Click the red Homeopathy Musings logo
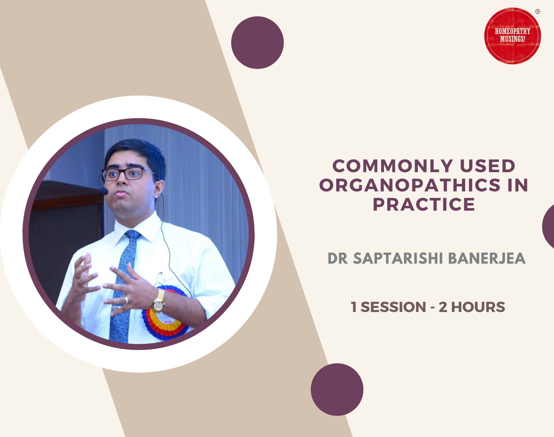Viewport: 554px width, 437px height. pos(512,36)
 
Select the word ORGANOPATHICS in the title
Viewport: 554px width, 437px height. pos(410,185)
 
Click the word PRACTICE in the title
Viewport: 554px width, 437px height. pos(424,204)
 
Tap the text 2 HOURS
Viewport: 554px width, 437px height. pos(472,307)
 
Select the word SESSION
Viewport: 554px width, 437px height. pos(393,307)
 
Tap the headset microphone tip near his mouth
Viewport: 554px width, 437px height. pos(104,191)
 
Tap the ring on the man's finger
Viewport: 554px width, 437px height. pos(126,300)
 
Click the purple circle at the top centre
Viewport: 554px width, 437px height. pos(257,43)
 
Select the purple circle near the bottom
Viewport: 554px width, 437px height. pos(337,389)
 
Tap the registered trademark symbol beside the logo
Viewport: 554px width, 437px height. pos(537,11)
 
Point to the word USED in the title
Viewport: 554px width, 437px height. pos(488,166)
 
